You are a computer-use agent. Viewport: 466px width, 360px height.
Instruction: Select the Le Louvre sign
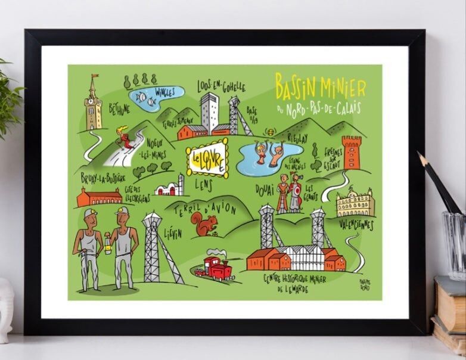[x=206, y=160]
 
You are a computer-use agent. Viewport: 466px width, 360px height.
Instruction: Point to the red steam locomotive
[x=218, y=269]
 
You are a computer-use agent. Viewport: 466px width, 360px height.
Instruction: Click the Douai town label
[x=265, y=189]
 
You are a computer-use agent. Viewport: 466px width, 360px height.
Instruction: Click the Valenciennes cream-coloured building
[x=354, y=203]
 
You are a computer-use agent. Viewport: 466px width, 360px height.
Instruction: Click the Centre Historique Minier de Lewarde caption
[x=296, y=283]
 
